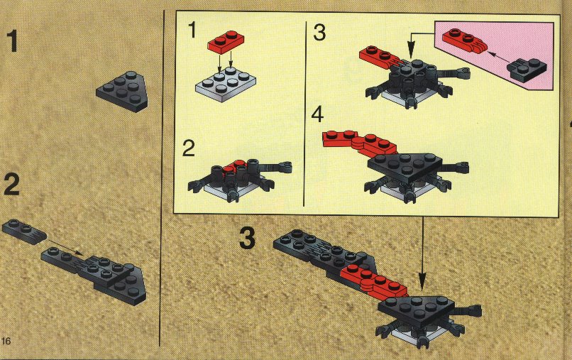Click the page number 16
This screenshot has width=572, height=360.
point(6,341)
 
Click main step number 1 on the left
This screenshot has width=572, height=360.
point(13,42)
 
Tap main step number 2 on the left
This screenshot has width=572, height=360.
point(11,185)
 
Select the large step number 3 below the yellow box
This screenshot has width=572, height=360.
point(248,238)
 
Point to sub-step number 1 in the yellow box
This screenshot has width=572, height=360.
point(192,30)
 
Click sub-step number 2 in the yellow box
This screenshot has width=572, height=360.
point(189,148)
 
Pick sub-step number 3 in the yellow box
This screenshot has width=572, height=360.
point(319,32)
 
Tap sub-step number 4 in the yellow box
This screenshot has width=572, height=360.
point(317,114)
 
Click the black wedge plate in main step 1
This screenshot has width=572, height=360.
point(122,92)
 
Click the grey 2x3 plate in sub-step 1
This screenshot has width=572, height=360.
point(226,84)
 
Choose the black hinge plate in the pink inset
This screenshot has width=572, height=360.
point(527,70)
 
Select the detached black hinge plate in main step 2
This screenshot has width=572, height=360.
point(24,231)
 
